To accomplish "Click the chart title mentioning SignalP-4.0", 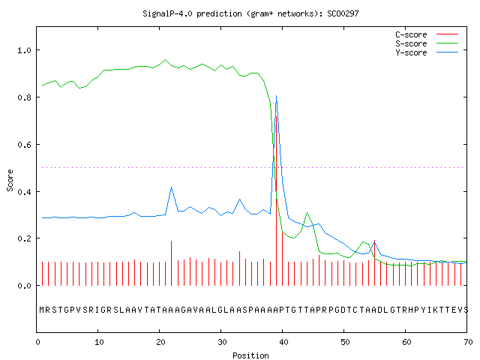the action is click(x=250, y=13).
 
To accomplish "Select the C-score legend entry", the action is click(x=427, y=34).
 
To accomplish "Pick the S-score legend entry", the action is click(x=427, y=43).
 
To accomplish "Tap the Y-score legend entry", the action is click(x=427, y=52).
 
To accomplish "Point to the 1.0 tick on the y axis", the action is click(x=24, y=50).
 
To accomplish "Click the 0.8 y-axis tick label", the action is click(x=24, y=97).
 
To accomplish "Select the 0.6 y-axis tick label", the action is click(x=24, y=145).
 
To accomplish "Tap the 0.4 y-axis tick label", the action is click(x=24, y=192).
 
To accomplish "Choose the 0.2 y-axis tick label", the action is click(x=24, y=238).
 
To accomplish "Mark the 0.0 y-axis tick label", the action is click(x=24, y=286).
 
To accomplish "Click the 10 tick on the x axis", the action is click(x=99, y=342).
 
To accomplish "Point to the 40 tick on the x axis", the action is click(x=283, y=342).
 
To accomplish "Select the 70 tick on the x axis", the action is click(x=468, y=342).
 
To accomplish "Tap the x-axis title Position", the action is click(x=250, y=355).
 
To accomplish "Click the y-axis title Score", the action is click(x=10, y=180).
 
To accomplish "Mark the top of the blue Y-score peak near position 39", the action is click(x=276, y=95).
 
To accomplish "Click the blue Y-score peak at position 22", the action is click(x=171, y=187).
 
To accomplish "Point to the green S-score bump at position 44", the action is click(x=307, y=213).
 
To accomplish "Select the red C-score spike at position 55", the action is click(x=374, y=262).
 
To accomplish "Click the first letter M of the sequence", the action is click(x=42, y=310).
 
